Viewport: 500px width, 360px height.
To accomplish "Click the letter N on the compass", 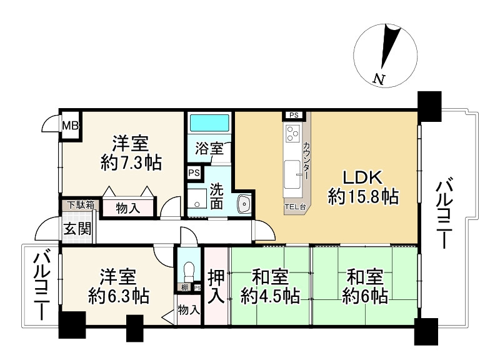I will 377,79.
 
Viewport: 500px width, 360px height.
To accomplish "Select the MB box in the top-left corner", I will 69,126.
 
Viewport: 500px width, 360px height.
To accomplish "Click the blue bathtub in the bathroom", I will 209,122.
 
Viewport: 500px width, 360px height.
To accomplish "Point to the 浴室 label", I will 208,149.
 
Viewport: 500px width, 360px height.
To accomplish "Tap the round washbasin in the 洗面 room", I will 243,204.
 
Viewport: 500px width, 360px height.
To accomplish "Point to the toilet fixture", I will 189,271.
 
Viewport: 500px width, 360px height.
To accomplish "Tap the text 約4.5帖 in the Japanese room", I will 271,295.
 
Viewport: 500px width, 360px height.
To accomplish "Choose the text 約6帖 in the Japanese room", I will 364,295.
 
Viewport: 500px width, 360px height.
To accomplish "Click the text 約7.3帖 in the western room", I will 131,163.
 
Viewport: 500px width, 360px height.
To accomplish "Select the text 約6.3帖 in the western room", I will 118,295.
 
